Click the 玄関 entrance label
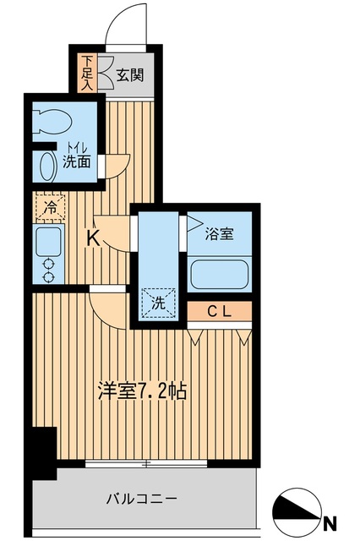pyautogui.click(x=129, y=74)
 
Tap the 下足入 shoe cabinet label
pyautogui.click(x=87, y=74)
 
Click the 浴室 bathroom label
pyautogui.click(x=219, y=234)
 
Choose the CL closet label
pyautogui.click(x=220, y=313)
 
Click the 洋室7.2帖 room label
pyautogui.click(x=142, y=391)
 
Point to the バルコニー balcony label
pyautogui.click(x=142, y=499)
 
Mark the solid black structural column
pyautogui.click(x=39, y=452)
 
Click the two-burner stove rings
pyautogui.click(x=48, y=269)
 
